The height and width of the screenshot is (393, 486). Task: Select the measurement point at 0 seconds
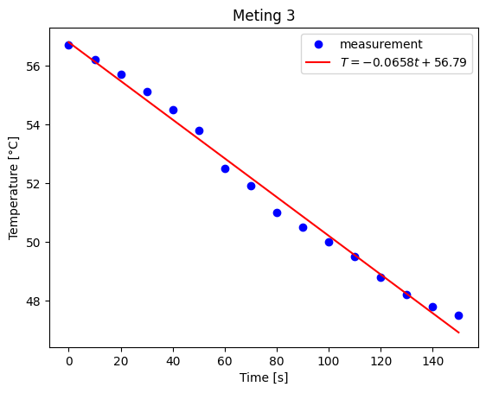[69, 45]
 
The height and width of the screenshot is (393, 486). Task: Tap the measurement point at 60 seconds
[225, 168]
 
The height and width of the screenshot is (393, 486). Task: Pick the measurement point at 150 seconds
[458, 315]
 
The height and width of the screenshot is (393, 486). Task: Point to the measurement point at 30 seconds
[147, 92]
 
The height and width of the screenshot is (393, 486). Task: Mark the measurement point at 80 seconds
[277, 212]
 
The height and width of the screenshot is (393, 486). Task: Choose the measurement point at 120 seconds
[380, 277]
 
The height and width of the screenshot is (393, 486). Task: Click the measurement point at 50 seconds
[199, 130]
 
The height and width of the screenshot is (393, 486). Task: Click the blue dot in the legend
[317, 44]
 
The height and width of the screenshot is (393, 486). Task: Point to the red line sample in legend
[317, 63]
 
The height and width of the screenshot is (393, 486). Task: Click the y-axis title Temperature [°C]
[15, 187]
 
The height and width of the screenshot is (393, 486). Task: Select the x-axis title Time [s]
[264, 377]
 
